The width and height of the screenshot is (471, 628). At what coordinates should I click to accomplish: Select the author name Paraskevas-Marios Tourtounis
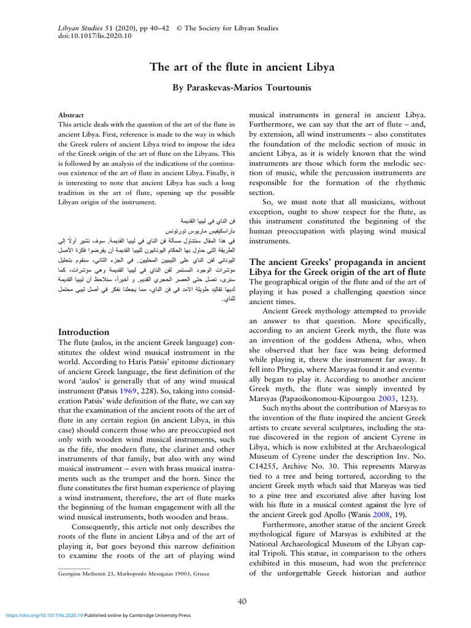[x=242, y=88]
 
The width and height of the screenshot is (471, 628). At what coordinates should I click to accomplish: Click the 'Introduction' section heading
[x=83, y=332]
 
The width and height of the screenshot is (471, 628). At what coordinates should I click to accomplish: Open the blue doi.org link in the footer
[x=44, y=615]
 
